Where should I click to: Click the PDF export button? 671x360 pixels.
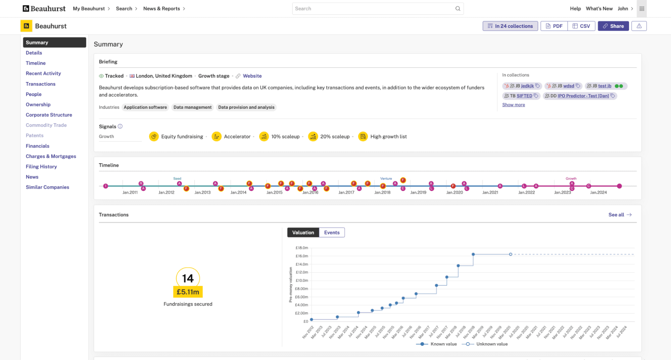554,26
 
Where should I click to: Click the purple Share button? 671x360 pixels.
613,26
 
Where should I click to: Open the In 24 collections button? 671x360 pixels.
510,26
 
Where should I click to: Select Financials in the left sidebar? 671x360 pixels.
38,146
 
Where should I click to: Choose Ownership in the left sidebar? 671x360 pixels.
38,104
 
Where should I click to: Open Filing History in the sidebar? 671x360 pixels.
41,167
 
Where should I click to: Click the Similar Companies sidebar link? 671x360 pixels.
47,187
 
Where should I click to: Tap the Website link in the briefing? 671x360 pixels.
252,76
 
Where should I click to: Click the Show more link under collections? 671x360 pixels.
514,105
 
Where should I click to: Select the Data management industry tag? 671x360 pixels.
192,107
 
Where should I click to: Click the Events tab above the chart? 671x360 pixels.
332,232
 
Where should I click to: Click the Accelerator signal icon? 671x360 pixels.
217,136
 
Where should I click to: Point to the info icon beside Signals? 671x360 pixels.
120,126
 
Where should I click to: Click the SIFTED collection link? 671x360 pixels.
524,96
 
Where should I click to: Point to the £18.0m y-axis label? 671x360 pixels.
301,248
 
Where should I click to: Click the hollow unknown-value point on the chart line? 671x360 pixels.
511,254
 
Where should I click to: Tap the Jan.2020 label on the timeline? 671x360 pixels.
454,192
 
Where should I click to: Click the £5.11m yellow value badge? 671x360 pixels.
188,292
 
